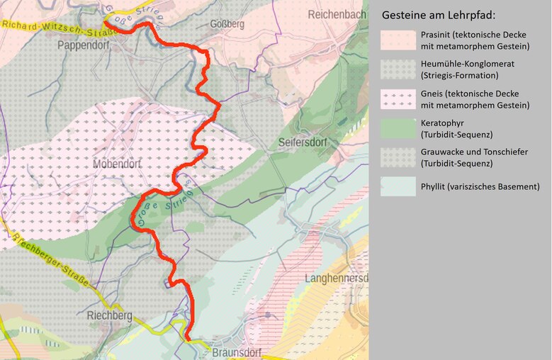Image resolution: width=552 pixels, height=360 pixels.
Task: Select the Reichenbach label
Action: coord(337,15)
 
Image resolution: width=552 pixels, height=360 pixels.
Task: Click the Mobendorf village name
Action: coord(118,164)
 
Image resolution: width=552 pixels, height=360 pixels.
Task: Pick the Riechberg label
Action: coord(110,315)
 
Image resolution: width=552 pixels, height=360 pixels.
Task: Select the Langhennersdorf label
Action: coord(336,279)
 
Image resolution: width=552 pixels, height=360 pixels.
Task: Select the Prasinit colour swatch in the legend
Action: coord(397,40)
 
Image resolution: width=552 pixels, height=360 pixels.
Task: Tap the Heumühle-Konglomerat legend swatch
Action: coord(397,69)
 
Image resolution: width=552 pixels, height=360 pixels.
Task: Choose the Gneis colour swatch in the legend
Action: coord(397,99)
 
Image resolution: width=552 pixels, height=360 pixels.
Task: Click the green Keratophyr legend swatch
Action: coord(397,128)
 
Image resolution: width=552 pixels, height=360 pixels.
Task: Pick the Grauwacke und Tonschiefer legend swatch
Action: coord(397,157)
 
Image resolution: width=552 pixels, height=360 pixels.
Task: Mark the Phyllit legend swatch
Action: coord(397,186)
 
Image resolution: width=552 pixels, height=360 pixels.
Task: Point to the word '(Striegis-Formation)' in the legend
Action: coord(459,75)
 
